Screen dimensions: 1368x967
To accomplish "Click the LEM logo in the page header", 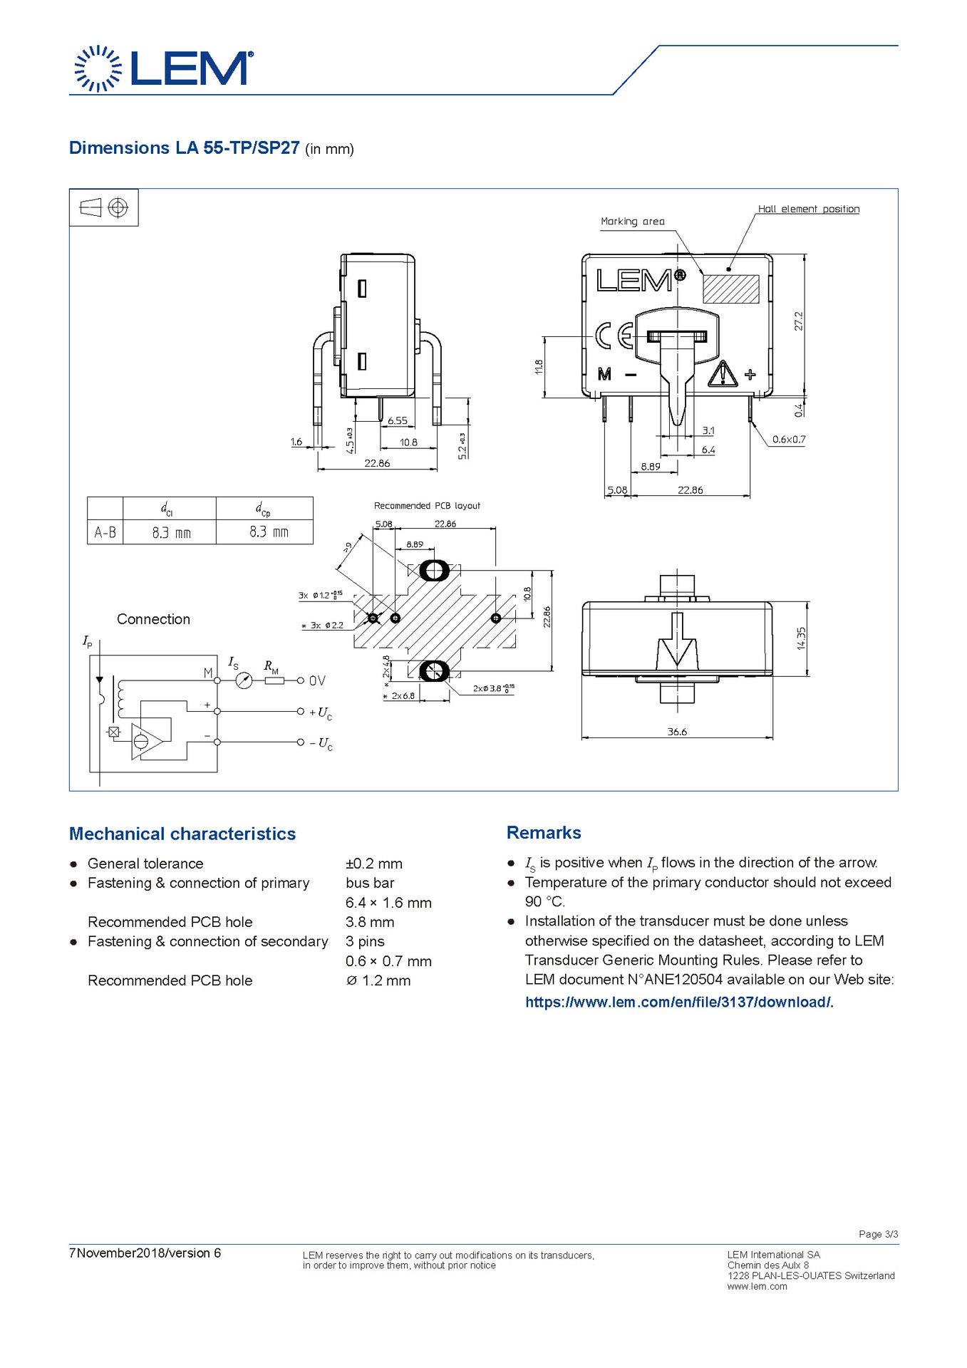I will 162,68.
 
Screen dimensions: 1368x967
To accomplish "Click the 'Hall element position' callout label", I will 808,209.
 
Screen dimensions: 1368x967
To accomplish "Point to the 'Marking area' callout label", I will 632,221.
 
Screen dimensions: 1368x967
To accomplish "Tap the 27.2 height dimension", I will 799,321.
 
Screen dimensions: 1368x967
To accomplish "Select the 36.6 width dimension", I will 676,731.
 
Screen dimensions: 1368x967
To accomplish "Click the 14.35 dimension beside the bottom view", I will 802,638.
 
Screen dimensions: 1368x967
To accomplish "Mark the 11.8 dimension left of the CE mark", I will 539,366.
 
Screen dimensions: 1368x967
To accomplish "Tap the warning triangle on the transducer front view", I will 723,373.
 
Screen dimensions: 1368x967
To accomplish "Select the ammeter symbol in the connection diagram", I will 244,680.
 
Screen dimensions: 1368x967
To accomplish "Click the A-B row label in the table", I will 105,532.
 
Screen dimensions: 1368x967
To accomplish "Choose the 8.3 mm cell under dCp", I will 269,532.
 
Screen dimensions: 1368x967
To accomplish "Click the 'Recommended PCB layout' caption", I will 427,506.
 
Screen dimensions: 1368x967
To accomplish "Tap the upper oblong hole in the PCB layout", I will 433,570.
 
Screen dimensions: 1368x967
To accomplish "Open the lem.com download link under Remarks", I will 679,1002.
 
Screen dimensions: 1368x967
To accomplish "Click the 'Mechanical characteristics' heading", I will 182,834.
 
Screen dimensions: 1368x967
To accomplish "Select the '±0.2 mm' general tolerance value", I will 373,864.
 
